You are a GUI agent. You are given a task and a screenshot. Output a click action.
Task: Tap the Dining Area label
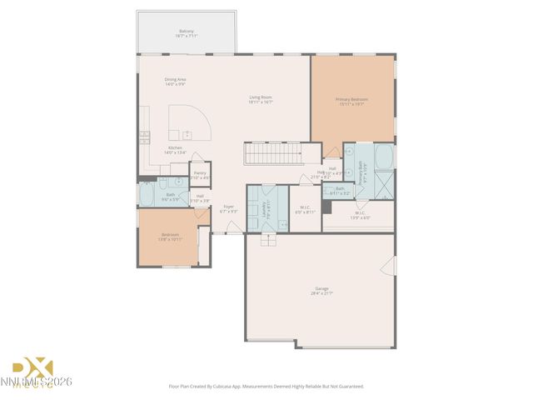pyautogui.click(x=175, y=82)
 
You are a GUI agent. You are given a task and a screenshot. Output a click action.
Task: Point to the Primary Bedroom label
pyautogui.click(x=351, y=102)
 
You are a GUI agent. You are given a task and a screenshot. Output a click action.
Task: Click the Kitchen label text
pyautogui.click(x=175, y=150)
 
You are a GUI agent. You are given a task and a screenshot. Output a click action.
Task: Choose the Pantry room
pyautogui.click(x=200, y=175)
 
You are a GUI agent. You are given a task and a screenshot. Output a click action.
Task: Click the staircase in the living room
pyautogui.click(x=271, y=153)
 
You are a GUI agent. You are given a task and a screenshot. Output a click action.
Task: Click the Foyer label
pyautogui.click(x=228, y=209)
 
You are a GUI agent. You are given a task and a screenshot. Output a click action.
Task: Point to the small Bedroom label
pyautogui.click(x=170, y=237)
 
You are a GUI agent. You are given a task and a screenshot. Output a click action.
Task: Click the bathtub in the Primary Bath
pyautogui.click(x=385, y=156)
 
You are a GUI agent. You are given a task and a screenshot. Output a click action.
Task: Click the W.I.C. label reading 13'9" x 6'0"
pyautogui.click(x=360, y=214)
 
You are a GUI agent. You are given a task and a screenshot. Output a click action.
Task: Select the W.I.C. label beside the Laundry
pyautogui.click(x=305, y=210)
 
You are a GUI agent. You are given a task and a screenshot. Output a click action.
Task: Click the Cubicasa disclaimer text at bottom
pyautogui.click(x=266, y=386)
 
